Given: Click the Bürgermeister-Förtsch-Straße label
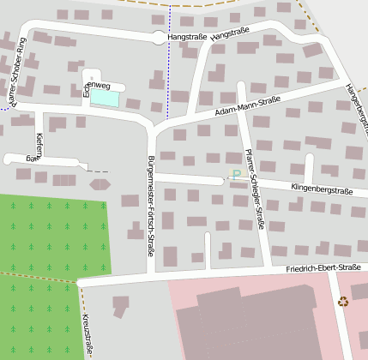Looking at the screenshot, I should (x=151, y=206).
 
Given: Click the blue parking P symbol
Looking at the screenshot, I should (x=236, y=175).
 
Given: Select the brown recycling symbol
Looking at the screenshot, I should (x=343, y=301).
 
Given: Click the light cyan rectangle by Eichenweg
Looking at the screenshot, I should (x=105, y=99).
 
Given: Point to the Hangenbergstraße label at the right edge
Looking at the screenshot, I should (x=356, y=107).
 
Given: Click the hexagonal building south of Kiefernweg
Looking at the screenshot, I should (x=100, y=183).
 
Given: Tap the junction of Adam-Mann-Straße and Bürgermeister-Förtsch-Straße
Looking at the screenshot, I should (x=155, y=126).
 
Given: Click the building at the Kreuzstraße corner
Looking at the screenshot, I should (x=119, y=305).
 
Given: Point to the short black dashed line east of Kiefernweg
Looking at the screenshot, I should (x=99, y=171).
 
